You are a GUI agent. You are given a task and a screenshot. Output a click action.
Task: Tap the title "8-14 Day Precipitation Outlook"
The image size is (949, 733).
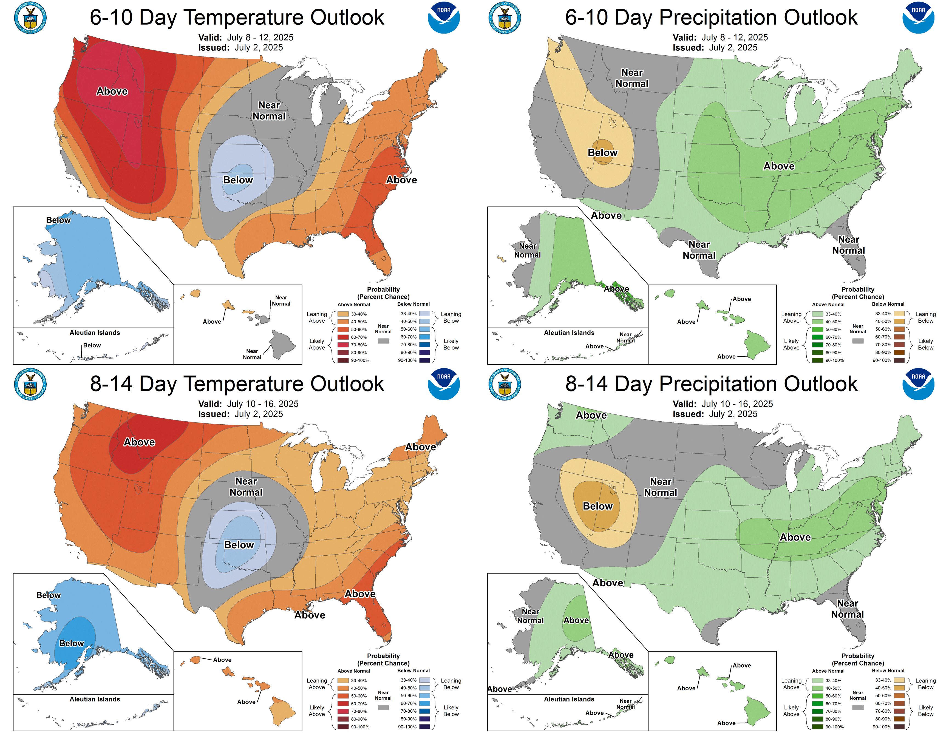click(x=711, y=384)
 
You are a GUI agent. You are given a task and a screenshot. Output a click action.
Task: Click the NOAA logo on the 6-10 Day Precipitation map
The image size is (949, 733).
click(x=918, y=18)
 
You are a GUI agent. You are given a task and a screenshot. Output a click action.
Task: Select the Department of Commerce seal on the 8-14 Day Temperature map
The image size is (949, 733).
click(x=30, y=384)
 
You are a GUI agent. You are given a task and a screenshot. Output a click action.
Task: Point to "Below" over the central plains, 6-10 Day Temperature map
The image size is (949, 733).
click(x=238, y=180)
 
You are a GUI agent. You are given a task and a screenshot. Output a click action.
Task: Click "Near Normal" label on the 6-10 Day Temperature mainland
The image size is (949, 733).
click(x=269, y=111)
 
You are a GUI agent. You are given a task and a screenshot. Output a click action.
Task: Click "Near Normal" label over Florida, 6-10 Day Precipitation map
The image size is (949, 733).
click(x=848, y=245)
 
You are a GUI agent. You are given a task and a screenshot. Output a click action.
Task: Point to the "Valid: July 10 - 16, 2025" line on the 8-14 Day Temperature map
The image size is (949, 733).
click(x=248, y=404)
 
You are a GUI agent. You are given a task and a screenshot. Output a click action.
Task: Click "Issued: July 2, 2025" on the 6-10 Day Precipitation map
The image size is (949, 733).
click(x=715, y=47)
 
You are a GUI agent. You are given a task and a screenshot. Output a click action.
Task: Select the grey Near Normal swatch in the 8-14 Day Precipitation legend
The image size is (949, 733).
click(x=858, y=707)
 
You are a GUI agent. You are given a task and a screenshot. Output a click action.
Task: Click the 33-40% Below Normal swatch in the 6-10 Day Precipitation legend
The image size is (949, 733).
click(x=899, y=314)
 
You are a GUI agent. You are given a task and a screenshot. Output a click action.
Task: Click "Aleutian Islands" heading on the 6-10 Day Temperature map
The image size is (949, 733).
click(x=95, y=333)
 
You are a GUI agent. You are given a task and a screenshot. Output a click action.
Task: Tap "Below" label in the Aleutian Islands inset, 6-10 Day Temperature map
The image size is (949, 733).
click(x=92, y=345)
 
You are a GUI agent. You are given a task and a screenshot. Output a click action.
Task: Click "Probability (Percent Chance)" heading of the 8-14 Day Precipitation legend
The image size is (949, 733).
click(x=857, y=660)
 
